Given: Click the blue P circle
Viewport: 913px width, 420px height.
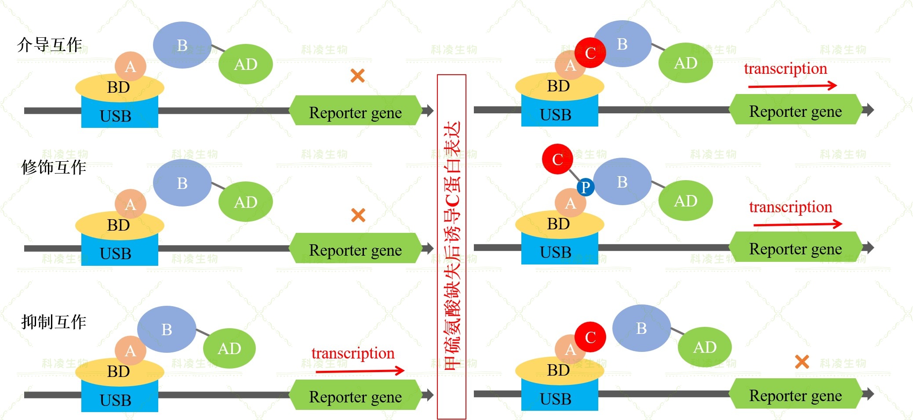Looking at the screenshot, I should click(585, 187).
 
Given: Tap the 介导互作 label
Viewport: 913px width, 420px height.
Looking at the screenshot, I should click(50, 45).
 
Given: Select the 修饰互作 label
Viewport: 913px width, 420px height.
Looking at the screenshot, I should click(54, 167).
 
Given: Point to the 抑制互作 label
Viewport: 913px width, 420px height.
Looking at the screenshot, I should click(54, 322).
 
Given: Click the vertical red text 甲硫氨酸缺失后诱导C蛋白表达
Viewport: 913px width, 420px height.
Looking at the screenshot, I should click(451, 246).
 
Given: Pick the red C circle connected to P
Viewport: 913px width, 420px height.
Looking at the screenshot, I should click(557, 159).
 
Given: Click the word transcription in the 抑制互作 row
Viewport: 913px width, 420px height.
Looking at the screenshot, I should click(353, 353).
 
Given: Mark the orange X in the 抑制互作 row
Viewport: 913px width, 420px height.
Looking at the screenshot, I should click(802, 362).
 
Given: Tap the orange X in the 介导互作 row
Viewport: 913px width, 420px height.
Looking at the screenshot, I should click(357, 76).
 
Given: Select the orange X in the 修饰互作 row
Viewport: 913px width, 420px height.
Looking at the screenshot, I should click(358, 215).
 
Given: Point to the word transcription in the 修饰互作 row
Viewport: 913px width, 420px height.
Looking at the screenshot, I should click(790, 207).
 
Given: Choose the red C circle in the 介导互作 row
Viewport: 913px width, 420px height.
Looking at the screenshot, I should click(590, 53).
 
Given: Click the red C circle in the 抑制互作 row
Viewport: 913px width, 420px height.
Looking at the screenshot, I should click(590, 337).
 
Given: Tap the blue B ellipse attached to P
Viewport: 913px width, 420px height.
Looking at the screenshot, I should click(622, 181).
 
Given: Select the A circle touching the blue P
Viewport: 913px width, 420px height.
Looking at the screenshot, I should click(570, 203).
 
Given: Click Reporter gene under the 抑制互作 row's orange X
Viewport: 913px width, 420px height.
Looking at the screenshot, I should click(795, 395).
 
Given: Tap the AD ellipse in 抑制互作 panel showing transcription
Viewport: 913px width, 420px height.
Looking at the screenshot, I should click(229, 348).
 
